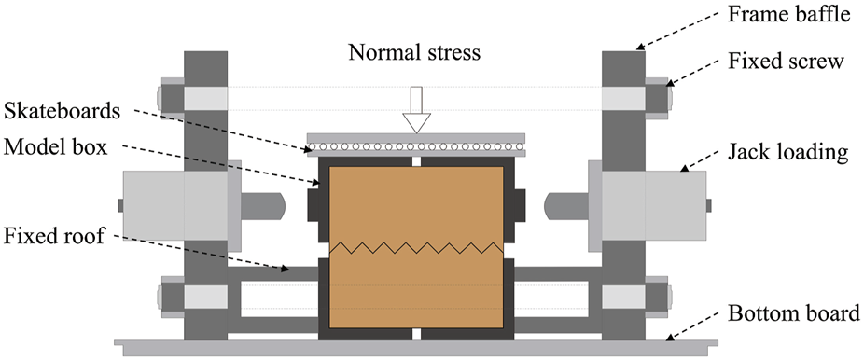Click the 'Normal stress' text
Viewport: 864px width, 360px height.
(414, 53)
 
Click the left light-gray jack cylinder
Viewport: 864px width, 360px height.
(177, 203)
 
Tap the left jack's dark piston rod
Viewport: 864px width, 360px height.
(261, 203)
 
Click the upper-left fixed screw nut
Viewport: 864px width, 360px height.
(171, 97)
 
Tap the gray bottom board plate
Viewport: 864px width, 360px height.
(415, 346)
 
